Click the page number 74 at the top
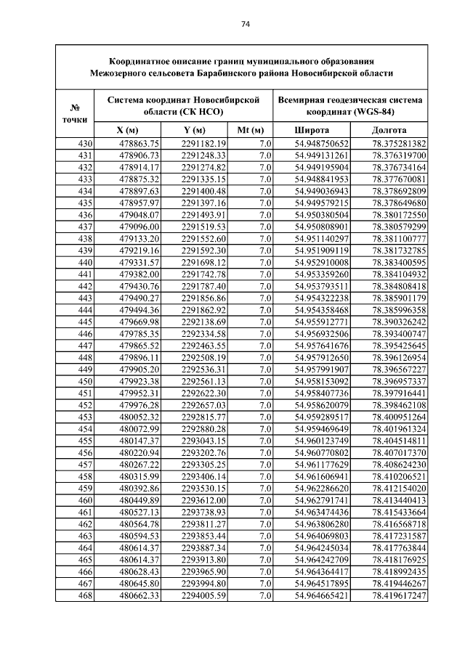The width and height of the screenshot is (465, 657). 246,24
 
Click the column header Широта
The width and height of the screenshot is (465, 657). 311,129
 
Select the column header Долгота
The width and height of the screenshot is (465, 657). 389,129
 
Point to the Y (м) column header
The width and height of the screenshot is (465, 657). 194,129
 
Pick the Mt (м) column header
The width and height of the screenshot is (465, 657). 250,129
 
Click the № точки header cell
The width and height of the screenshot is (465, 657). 75,113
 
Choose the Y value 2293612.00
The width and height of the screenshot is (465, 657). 204,501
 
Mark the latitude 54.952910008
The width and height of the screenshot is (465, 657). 322,262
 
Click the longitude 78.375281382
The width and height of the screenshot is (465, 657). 399,144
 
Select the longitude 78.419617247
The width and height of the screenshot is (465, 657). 399,596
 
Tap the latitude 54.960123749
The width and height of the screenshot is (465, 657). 322,441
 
